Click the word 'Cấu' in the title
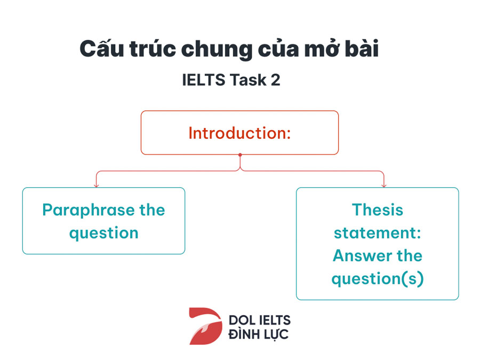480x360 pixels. click(102, 49)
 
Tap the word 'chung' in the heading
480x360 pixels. click(217, 50)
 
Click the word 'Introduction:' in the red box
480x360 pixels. click(239, 133)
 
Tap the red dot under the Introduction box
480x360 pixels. click(240, 155)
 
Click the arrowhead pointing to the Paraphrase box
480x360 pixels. click(97, 186)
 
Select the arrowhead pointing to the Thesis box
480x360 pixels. click(384, 186)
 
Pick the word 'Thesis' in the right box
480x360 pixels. click(378, 210)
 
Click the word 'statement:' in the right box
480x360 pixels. click(378, 233)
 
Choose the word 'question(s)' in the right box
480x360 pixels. click(378, 279)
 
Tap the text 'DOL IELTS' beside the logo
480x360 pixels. click(260, 320)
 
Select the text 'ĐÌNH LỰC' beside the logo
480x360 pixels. click(258, 334)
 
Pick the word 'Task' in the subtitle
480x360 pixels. click(248, 80)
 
